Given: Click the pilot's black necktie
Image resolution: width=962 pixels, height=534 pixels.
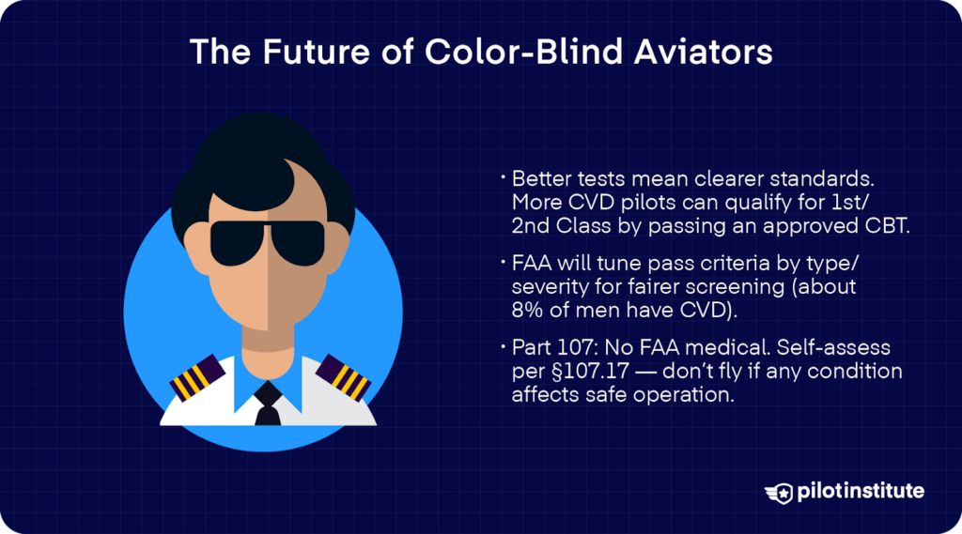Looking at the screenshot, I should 268,403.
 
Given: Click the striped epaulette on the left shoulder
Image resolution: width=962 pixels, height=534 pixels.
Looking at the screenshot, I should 195,376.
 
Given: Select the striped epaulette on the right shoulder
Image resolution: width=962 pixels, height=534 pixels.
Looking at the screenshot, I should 343,376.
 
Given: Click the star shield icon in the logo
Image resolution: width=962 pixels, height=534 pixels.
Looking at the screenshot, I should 780,492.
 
